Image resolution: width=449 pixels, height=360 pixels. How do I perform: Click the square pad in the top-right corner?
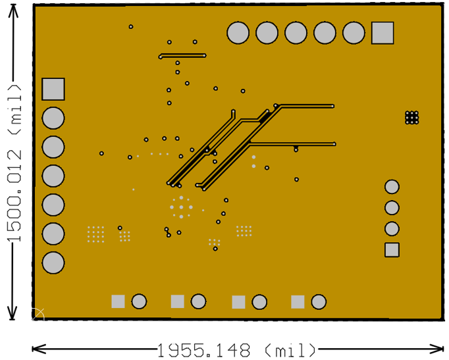383,33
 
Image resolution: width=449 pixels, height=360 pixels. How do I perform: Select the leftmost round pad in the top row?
238,33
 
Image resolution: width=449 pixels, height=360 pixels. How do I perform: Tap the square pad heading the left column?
53,89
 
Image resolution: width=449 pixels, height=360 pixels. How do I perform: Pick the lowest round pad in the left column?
53,263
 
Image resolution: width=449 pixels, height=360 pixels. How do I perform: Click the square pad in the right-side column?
392,249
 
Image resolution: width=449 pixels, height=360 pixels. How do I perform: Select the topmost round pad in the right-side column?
392,187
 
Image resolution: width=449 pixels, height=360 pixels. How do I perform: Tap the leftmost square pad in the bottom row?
118,301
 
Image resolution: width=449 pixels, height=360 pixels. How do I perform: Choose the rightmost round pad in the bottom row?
319,302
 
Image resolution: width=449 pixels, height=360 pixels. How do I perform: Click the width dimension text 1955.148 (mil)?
236,349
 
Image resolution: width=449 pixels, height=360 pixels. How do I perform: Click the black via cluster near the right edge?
412,117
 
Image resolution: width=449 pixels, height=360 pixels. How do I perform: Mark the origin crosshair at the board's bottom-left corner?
38,314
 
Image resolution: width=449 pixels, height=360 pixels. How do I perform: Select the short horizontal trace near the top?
182,56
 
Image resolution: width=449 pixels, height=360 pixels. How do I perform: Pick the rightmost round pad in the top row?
354,33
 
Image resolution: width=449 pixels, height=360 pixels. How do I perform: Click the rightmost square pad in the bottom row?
298,302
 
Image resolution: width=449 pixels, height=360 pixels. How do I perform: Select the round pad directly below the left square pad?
53,118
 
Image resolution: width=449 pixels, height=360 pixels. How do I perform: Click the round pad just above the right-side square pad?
392,228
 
